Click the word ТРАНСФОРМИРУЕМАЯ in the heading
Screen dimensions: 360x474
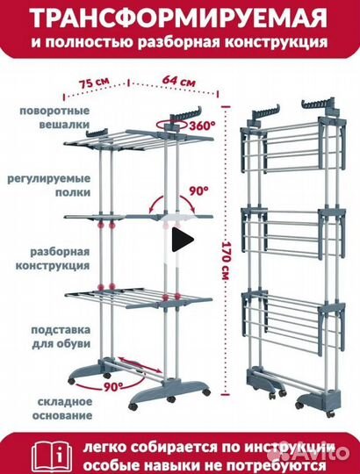[179, 18]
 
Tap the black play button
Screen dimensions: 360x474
[183, 240]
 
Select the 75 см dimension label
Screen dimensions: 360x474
[94, 83]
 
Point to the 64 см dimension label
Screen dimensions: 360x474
[178, 81]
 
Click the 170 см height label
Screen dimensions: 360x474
[226, 260]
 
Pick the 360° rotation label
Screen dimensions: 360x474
[203, 126]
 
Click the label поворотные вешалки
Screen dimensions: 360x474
[54, 118]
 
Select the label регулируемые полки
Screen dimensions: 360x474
[49, 185]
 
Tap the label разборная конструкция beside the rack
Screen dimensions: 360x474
[53, 259]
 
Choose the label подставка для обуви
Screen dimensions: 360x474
[61, 336]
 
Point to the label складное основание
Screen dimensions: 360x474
[62, 408]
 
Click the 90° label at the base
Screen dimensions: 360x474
[113, 386]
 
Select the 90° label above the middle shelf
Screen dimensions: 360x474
[198, 191]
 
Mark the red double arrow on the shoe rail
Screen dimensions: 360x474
[140, 365]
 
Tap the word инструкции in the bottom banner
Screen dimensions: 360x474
[290, 448]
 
